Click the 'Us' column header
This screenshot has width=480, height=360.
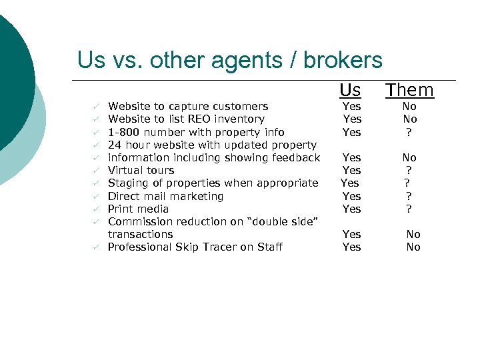pos(350,90)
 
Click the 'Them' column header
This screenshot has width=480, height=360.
pos(409,90)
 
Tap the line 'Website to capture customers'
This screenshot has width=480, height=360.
pos(188,107)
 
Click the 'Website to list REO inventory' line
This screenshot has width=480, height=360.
pos(186,119)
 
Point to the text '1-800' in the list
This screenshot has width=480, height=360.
pos(122,132)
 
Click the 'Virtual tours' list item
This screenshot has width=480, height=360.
pos(141,171)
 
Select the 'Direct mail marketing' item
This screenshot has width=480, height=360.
pos(165,196)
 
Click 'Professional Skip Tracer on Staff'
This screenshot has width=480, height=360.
pos(195,247)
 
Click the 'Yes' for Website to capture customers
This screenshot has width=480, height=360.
pos(351,107)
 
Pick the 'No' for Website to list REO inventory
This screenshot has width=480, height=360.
pos(409,119)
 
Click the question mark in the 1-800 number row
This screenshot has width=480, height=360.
pos(409,132)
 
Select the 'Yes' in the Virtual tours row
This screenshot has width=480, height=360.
pos(351,171)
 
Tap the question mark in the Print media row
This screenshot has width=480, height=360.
pos(409,209)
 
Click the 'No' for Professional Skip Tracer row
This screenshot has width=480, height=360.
pos(413,247)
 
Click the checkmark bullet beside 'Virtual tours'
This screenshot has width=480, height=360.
pos(96,171)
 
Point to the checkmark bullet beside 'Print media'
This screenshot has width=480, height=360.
pos(96,209)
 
